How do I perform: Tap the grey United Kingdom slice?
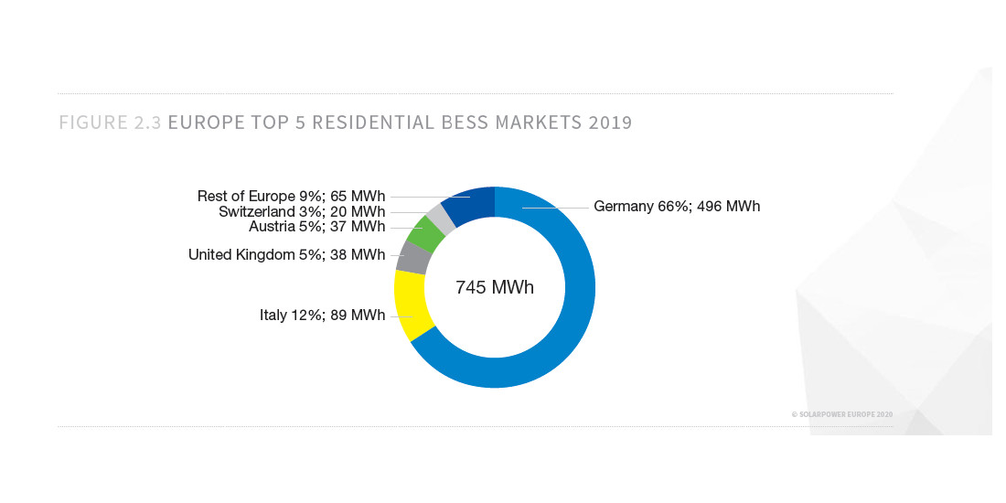414,258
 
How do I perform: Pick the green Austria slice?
425,233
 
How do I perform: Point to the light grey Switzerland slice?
442,218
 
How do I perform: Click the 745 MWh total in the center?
495,287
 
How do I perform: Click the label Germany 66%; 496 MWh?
677,207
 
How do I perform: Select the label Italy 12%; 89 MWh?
322,316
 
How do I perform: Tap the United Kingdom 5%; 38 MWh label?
286,255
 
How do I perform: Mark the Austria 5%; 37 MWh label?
316,227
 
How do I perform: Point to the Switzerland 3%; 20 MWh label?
302,212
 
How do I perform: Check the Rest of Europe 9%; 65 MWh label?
291,196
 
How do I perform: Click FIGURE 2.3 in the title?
111,123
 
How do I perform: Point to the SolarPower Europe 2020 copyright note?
841,414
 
